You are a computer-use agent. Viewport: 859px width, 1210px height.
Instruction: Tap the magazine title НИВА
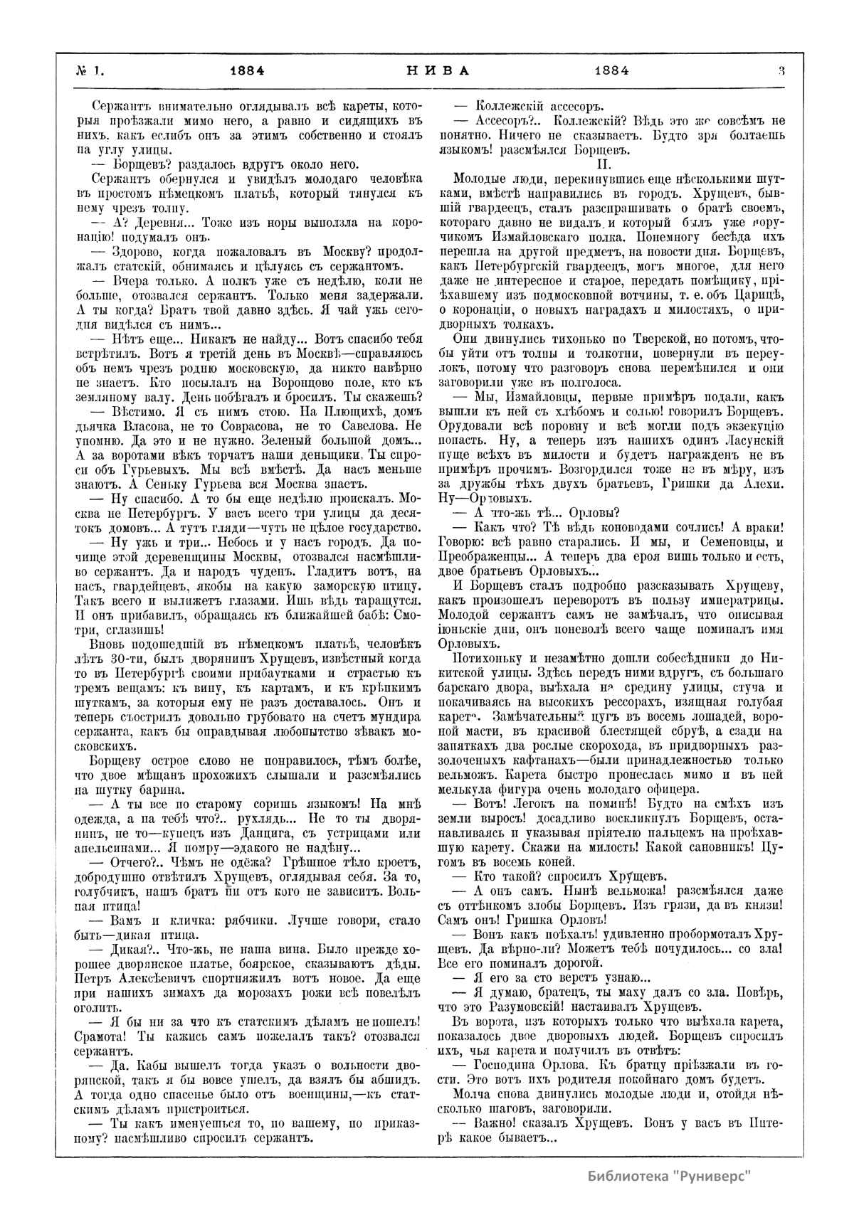(428, 70)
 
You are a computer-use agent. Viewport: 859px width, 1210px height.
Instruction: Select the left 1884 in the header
(248, 70)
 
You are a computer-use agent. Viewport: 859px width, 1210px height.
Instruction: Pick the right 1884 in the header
(611, 70)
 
